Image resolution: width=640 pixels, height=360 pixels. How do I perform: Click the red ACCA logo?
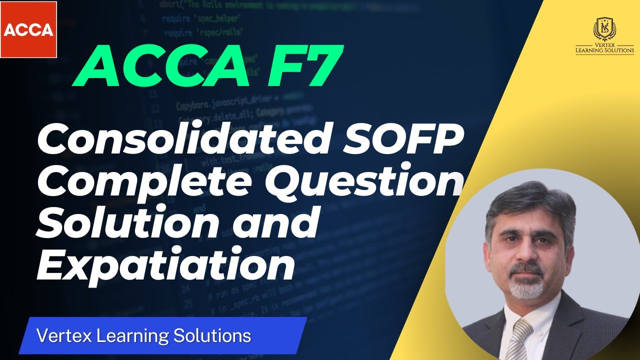28,29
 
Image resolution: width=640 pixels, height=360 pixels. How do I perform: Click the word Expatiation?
165,265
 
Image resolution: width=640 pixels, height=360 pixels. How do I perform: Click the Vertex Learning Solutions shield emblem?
604,28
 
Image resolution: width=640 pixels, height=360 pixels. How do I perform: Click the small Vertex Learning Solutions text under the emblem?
604,48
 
